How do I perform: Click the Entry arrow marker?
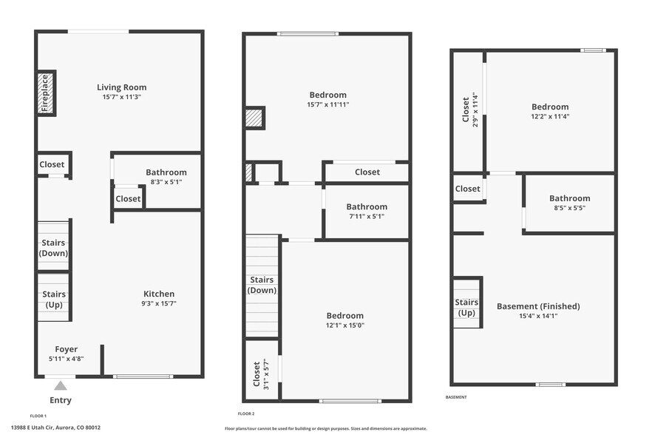(61, 385)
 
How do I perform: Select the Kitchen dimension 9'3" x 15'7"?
(159, 303)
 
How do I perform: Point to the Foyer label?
(67, 349)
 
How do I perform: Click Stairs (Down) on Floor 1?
(53, 248)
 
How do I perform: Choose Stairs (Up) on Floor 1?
(53, 300)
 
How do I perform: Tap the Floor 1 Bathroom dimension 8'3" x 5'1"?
(166, 181)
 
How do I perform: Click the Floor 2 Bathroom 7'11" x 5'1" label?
(367, 207)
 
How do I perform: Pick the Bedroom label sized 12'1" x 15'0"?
(345, 316)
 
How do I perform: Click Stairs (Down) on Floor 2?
(262, 285)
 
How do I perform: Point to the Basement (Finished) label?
(538, 306)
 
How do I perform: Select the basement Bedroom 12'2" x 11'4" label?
(550, 107)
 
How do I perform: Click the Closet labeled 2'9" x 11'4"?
(466, 109)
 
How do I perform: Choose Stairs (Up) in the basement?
(466, 307)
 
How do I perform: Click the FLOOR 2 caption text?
(246, 414)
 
